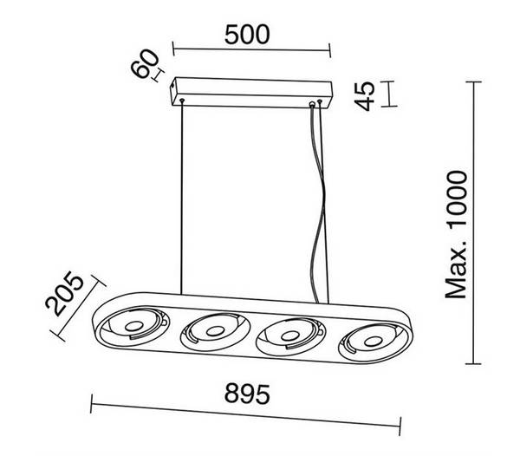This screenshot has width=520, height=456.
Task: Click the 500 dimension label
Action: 247,35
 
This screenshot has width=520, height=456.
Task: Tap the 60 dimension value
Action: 145,63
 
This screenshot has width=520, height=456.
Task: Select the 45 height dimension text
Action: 365,96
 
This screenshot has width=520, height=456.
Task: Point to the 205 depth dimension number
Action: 64,293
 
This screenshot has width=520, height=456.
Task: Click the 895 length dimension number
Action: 247,394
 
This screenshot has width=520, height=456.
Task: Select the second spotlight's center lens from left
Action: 215,330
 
